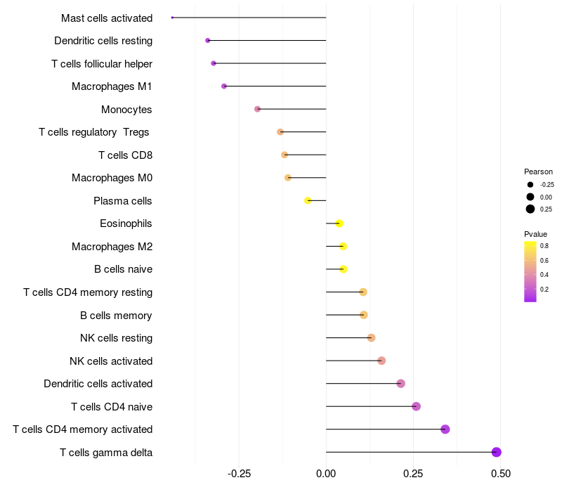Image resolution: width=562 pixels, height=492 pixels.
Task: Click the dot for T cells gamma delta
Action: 497,452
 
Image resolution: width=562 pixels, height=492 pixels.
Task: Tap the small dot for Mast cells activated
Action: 172,18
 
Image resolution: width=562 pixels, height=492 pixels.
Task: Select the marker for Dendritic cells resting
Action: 208,41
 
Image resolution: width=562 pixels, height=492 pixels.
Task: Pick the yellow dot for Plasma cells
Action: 308,200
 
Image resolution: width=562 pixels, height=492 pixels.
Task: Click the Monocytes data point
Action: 258,109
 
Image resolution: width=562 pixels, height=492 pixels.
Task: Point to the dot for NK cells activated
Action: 381,361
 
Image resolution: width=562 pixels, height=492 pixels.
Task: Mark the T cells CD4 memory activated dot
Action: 445,429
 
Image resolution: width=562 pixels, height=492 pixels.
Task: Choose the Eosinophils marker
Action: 339,224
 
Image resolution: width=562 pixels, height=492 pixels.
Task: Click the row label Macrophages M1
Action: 112,86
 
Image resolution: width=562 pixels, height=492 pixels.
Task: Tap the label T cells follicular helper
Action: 102,64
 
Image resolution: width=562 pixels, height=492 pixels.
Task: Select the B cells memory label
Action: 116,315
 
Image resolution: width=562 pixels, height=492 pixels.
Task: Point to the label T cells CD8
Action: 125,155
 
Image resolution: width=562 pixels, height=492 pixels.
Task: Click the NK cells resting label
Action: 116,338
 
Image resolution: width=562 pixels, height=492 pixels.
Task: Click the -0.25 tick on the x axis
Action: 239,474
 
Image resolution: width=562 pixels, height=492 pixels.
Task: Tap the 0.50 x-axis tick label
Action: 500,474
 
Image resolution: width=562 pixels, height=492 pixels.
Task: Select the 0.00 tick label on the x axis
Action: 326,474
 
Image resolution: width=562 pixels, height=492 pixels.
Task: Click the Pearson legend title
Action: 538,171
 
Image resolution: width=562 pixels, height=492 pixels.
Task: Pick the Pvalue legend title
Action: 535,234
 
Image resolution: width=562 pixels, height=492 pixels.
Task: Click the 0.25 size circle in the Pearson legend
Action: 530,209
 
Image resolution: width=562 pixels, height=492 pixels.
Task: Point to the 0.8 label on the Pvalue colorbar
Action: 544,245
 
